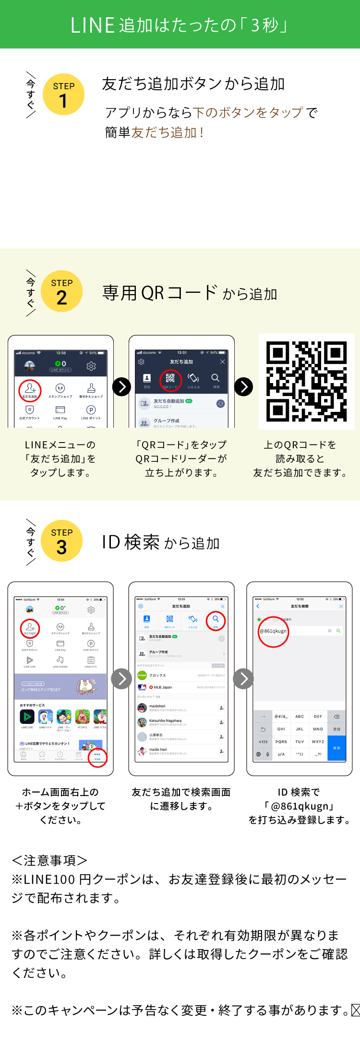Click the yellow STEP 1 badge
[x=63, y=95]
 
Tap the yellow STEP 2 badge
[x=61, y=291]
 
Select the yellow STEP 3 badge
[x=61, y=541]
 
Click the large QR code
[x=306, y=381]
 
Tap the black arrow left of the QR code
[x=244, y=386]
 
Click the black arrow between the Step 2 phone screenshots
[x=121, y=386]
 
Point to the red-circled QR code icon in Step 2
[x=170, y=380]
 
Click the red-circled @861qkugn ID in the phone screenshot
[x=273, y=631]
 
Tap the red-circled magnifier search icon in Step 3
[x=216, y=620]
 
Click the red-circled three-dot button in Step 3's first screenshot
[x=97, y=757]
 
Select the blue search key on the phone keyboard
[x=336, y=748]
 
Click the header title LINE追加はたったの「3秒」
[x=180, y=25]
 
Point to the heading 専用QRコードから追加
[x=190, y=293]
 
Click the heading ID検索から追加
[x=160, y=542]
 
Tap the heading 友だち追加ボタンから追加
[x=193, y=84]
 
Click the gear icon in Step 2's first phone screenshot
[x=91, y=366]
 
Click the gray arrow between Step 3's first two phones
[x=121, y=679]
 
